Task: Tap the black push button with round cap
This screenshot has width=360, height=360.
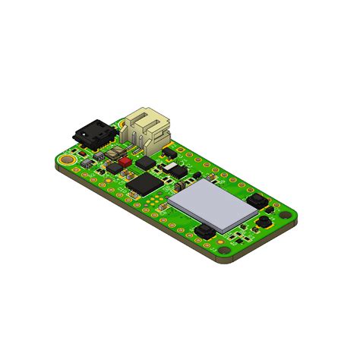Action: coord(264,222)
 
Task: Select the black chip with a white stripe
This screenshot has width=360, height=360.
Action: coord(177,172)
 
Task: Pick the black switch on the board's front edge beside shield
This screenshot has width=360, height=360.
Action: coord(204,233)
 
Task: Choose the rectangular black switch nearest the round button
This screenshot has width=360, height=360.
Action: coord(257,201)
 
